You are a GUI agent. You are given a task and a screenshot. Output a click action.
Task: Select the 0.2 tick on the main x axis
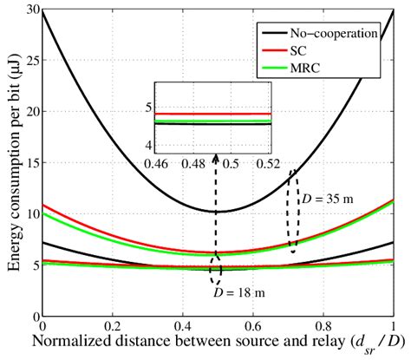point(113,325)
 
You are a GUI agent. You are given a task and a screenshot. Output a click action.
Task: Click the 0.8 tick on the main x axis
point(323,325)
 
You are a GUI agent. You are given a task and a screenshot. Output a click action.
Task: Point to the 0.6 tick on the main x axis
point(253,325)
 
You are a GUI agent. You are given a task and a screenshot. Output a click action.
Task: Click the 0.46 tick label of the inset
point(158,163)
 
